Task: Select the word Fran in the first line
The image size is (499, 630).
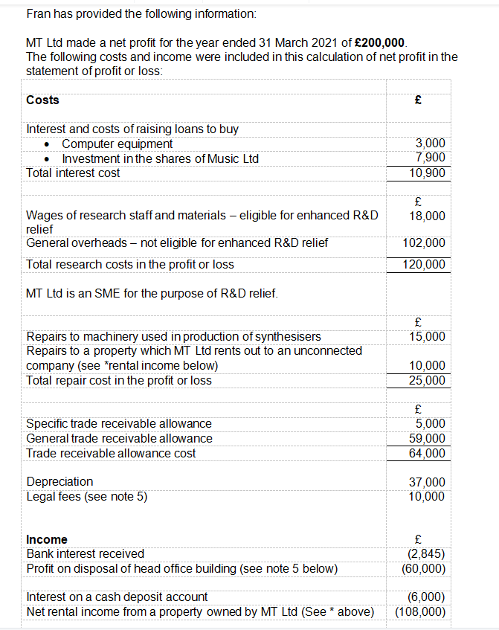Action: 37,13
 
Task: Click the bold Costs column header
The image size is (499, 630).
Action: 42,100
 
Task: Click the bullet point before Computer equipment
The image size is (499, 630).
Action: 48,144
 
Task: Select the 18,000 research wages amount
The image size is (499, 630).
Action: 428,216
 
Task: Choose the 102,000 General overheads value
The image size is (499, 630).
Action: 425,242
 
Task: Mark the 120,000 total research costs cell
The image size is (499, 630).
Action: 425,264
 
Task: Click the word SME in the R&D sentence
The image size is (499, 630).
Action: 97,293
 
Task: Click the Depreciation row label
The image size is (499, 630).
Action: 59,482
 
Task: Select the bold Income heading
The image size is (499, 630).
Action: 46,539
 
